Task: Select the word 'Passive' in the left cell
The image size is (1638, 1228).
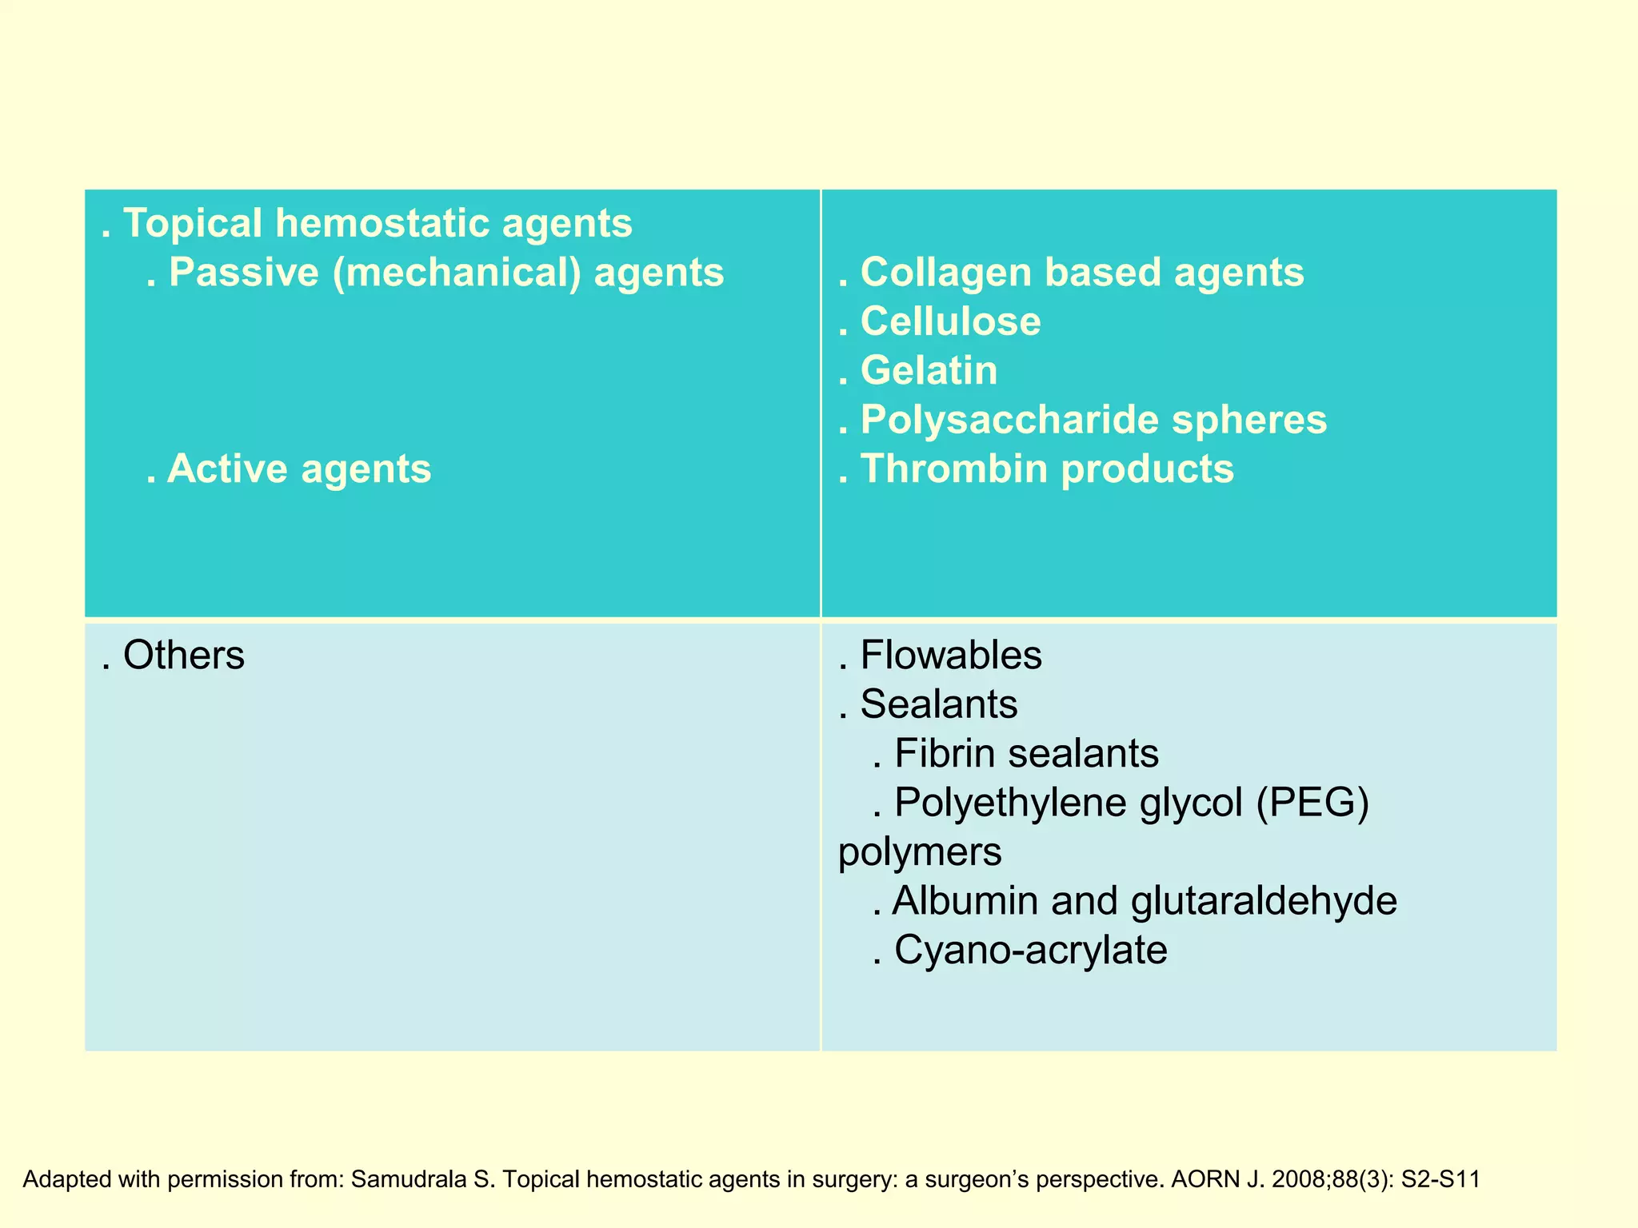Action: pos(244,273)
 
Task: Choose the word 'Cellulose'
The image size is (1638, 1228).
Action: pos(950,321)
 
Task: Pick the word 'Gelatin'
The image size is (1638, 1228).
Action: pos(929,371)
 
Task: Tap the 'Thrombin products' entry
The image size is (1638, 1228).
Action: pos(1046,468)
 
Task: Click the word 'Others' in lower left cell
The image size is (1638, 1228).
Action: pos(183,656)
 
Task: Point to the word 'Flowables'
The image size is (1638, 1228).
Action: pos(951,656)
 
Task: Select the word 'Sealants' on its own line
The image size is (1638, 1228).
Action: pos(939,704)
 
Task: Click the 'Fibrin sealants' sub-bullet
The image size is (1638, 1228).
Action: pos(1026,753)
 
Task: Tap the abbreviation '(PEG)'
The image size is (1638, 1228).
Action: pos(1312,802)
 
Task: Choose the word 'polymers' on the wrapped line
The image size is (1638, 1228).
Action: pos(920,851)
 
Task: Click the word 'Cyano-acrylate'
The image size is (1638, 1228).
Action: pos(1030,951)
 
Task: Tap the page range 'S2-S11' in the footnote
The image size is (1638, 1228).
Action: pos(1440,1179)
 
